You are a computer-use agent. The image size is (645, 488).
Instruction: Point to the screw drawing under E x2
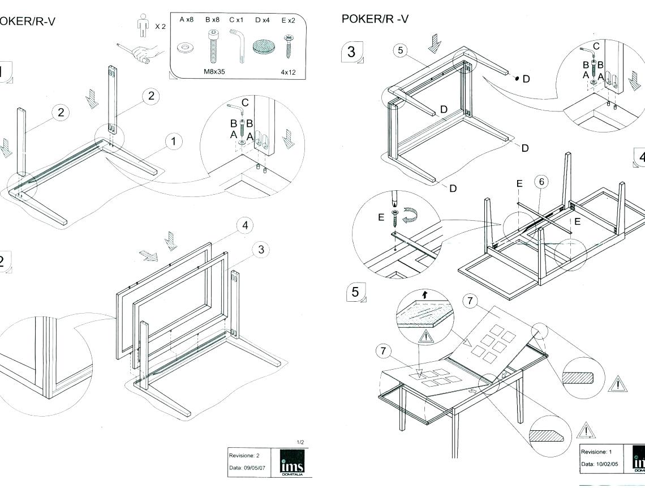(x=289, y=45)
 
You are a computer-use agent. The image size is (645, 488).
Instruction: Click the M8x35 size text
(x=215, y=72)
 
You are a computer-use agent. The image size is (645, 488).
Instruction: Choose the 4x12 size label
(x=289, y=72)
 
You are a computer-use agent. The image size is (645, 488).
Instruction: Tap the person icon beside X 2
(x=143, y=26)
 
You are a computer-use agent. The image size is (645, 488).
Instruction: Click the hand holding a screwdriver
(x=141, y=52)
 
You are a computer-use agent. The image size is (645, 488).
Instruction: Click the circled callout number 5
(x=401, y=50)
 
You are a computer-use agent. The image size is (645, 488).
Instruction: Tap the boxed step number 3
(x=352, y=52)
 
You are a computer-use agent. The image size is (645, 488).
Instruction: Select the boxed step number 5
(x=355, y=292)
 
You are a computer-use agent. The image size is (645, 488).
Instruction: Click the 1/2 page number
(x=300, y=442)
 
